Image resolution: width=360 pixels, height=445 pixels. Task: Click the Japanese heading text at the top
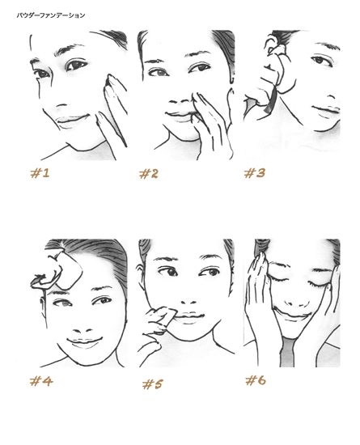(50, 15)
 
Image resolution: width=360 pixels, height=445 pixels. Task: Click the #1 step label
(40, 173)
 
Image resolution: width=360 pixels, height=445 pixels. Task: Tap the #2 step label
(149, 173)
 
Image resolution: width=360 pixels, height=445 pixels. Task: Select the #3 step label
(255, 172)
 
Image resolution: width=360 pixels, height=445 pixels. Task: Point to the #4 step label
(41, 381)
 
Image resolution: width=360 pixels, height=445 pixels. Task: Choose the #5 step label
(153, 384)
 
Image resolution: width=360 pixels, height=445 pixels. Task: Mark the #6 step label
(256, 379)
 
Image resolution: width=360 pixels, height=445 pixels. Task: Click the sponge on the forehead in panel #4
(70, 272)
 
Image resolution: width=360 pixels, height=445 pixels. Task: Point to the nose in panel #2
(180, 101)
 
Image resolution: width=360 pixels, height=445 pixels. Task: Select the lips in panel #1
(72, 119)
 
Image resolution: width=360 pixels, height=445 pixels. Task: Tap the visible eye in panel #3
(321, 61)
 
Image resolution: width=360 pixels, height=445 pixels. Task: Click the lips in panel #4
(84, 341)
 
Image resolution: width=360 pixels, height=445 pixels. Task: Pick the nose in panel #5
(189, 302)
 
